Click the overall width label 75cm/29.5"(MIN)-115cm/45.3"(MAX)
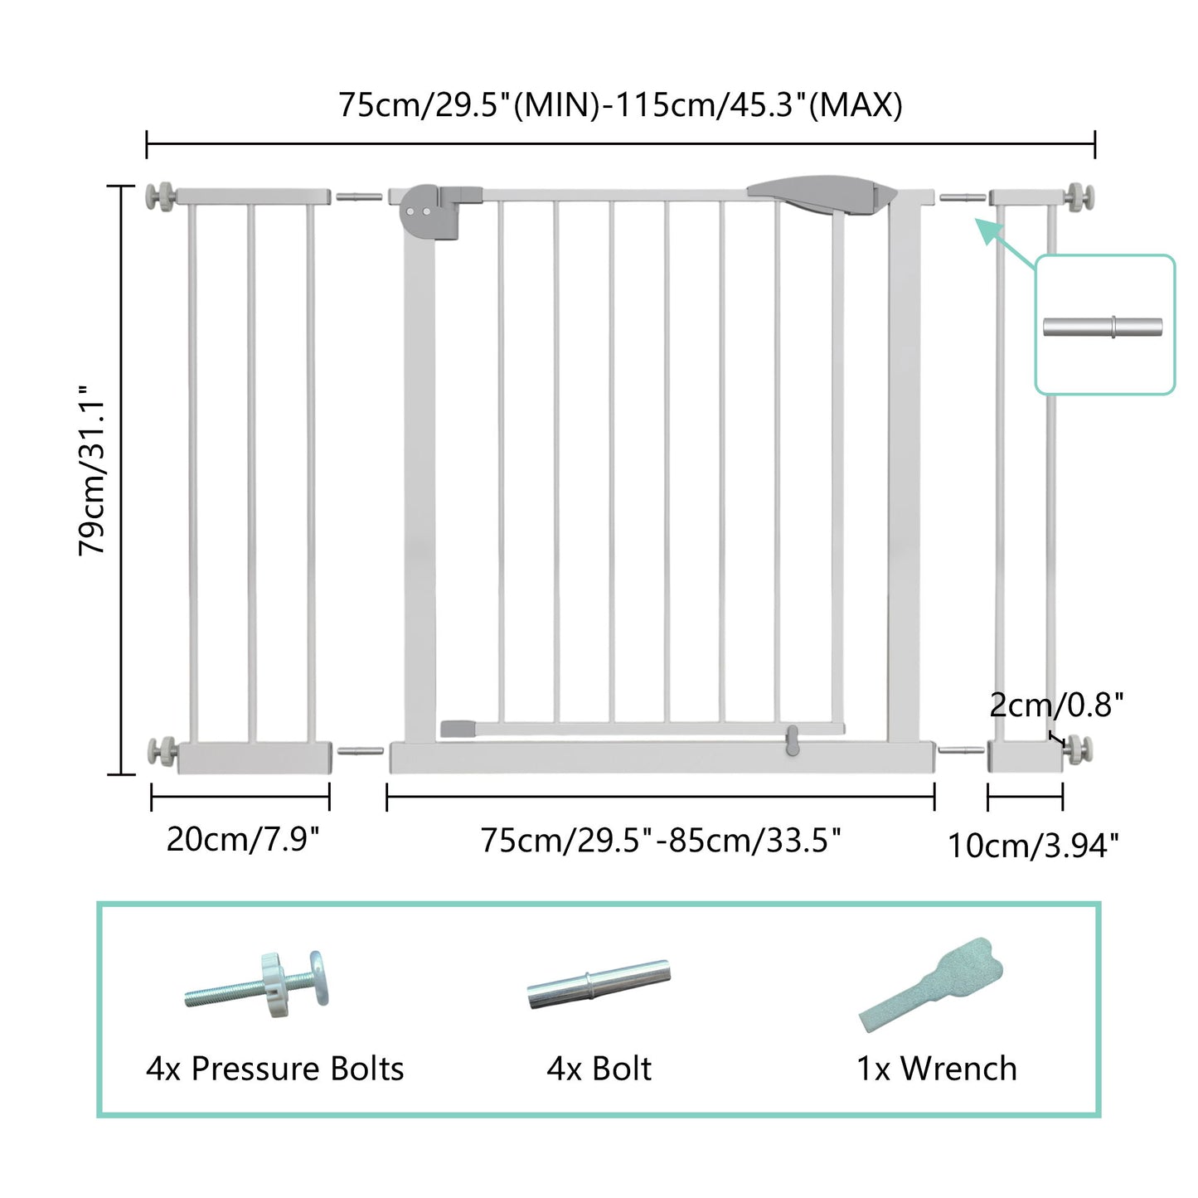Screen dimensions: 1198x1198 (620, 106)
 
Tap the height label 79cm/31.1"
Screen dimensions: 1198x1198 (93, 469)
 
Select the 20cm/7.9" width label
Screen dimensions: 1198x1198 (242, 839)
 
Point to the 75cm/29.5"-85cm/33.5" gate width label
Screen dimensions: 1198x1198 (661, 841)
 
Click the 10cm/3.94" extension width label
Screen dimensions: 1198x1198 (1033, 846)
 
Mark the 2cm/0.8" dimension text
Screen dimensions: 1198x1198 (1056, 705)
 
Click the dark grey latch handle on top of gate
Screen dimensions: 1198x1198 (821, 193)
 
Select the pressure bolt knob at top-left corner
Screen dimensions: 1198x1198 (159, 196)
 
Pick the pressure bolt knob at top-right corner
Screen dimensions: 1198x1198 (1081, 196)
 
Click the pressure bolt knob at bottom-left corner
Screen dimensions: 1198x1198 (160, 752)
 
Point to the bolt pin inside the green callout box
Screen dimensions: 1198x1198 (1103, 327)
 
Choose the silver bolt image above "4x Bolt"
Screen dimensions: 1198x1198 (599, 983)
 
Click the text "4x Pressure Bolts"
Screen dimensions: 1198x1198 (275, 1069)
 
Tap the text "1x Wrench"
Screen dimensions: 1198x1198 (936, 1069)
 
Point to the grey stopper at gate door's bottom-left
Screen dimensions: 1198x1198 (457, 729)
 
